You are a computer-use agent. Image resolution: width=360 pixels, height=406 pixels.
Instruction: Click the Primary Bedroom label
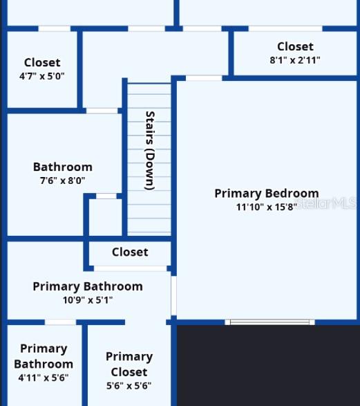266,194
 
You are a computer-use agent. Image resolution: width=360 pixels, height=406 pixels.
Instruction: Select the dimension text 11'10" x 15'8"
266,207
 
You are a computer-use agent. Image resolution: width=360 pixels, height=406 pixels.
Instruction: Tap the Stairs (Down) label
149,150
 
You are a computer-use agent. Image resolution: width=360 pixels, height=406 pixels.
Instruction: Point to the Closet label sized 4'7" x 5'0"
42,63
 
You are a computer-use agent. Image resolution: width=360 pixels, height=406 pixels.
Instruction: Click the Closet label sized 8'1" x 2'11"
295,46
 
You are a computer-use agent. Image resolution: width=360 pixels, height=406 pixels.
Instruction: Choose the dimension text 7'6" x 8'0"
62,181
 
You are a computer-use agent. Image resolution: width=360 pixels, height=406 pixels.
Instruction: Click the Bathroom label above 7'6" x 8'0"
62,167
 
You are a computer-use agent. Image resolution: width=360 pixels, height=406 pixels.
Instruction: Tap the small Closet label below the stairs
130,252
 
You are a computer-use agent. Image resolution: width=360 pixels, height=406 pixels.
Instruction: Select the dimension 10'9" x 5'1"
88,300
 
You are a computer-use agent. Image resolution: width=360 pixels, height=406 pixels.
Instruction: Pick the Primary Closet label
129,364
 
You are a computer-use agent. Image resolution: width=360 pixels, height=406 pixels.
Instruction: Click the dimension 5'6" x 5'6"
129,386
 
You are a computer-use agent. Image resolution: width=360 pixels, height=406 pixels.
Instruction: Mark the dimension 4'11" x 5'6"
43,378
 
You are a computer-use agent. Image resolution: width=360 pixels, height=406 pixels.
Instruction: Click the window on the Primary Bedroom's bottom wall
270,322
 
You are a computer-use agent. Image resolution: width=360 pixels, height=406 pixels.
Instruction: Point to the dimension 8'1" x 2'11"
295,60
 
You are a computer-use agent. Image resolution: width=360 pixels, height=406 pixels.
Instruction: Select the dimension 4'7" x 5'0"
42,76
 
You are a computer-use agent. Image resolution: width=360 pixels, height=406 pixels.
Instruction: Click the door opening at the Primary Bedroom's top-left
204,78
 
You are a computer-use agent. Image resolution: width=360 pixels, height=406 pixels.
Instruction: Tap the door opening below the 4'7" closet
102,111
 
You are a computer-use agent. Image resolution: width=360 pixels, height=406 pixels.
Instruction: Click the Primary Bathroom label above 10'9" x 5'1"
88,286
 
